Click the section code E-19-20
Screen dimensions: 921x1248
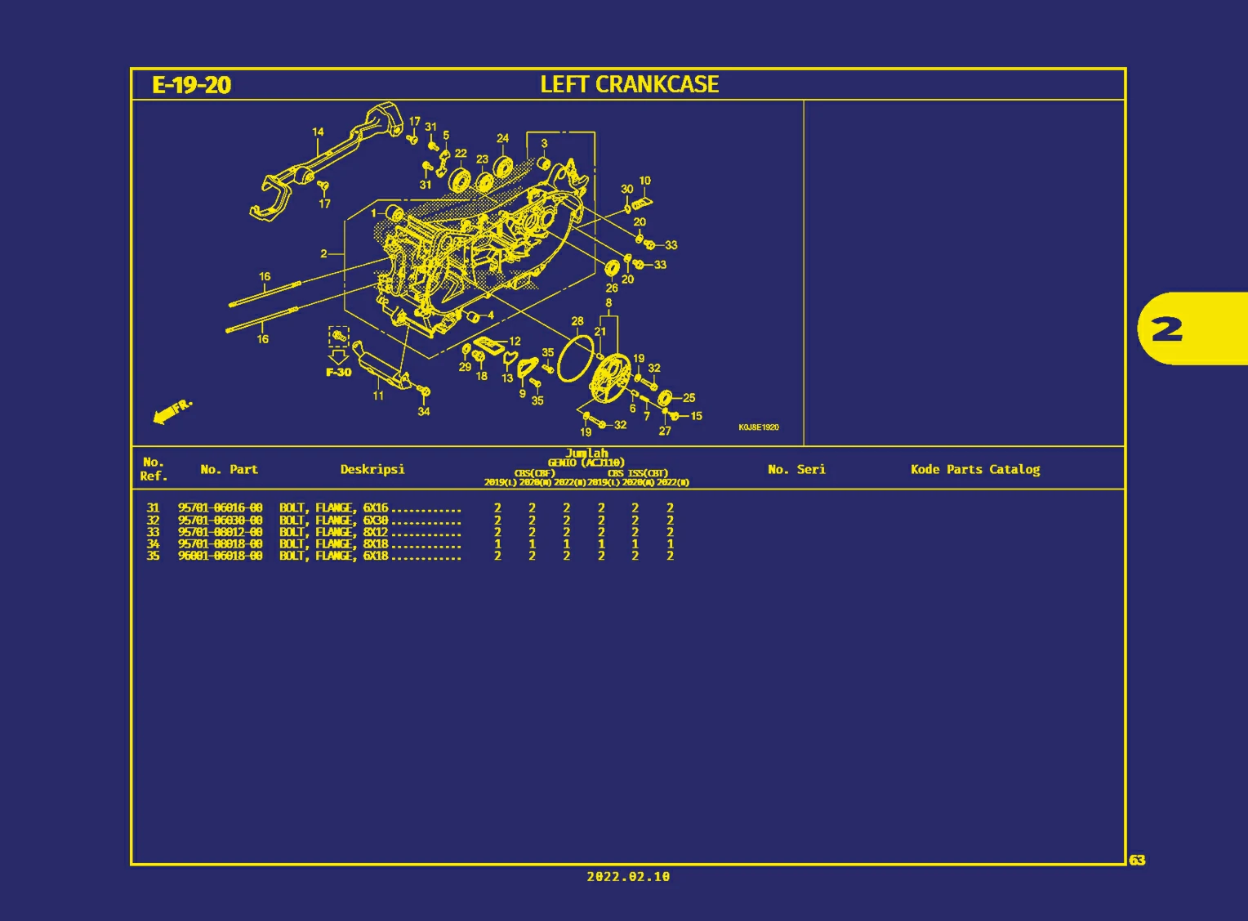(191, 85)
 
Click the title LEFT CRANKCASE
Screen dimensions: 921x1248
(629, 84)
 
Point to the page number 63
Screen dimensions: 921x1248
(1137, 860)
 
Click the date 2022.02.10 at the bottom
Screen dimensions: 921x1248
(627, 876)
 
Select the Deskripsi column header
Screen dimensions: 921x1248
(372, 469)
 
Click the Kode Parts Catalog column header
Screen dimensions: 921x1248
(975, 469)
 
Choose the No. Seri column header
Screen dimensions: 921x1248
(796, 469)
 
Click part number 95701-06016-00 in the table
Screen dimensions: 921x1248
(221, 507)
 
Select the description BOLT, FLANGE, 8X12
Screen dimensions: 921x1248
(333, 532)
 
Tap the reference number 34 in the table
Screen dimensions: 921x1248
(153, 543)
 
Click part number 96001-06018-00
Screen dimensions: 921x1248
(221, 556)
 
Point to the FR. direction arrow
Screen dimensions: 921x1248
(172, 411)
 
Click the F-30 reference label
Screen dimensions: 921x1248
(338, 372)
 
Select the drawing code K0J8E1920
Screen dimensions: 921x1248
(758, 427)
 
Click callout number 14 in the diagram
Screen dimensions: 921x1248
(318, 132)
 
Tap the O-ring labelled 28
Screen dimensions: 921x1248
(576, 359)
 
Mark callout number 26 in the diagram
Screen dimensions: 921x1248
(611, 288)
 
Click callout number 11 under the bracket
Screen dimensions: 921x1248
(378, 396)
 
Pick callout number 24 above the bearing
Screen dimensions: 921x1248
(502, 138)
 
